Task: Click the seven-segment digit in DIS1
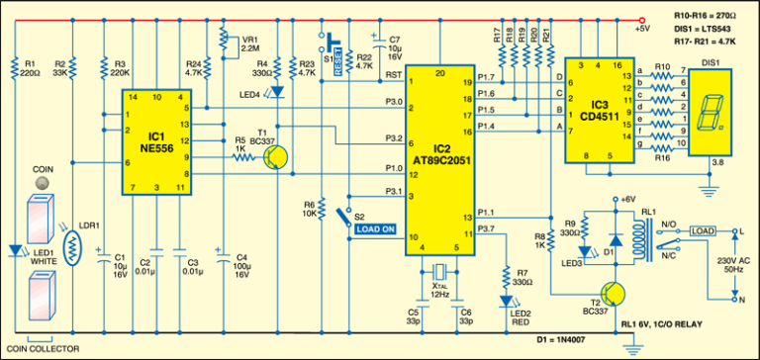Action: pos(708,116)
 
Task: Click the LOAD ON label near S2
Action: pos(375,229)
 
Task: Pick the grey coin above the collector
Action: pos(40,186)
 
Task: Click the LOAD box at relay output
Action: pos(702,231)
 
